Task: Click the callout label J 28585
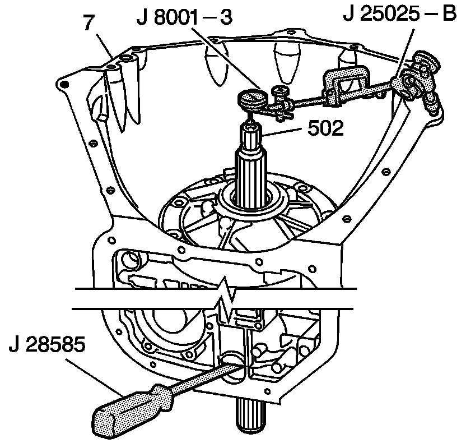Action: [47, 343]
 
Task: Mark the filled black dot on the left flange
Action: [64, 84]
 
